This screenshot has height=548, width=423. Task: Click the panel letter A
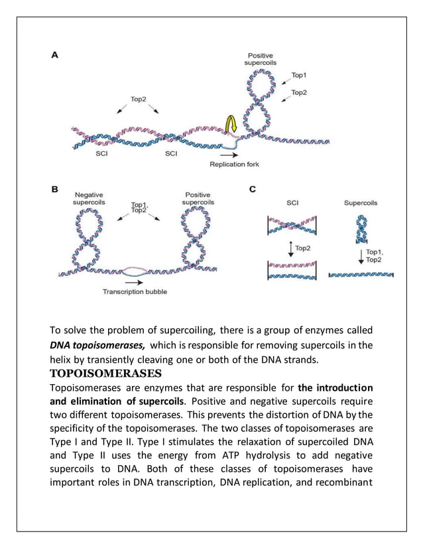click(55, 56)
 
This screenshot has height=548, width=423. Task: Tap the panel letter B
click(55, 189)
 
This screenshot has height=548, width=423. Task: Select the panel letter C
click(252, 190)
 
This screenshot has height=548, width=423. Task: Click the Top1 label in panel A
click(299, 76)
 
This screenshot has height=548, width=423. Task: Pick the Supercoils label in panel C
click(361, 203)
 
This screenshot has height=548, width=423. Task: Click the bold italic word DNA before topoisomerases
click(62, 345)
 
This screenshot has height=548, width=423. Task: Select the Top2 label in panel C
click(303, 248)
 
